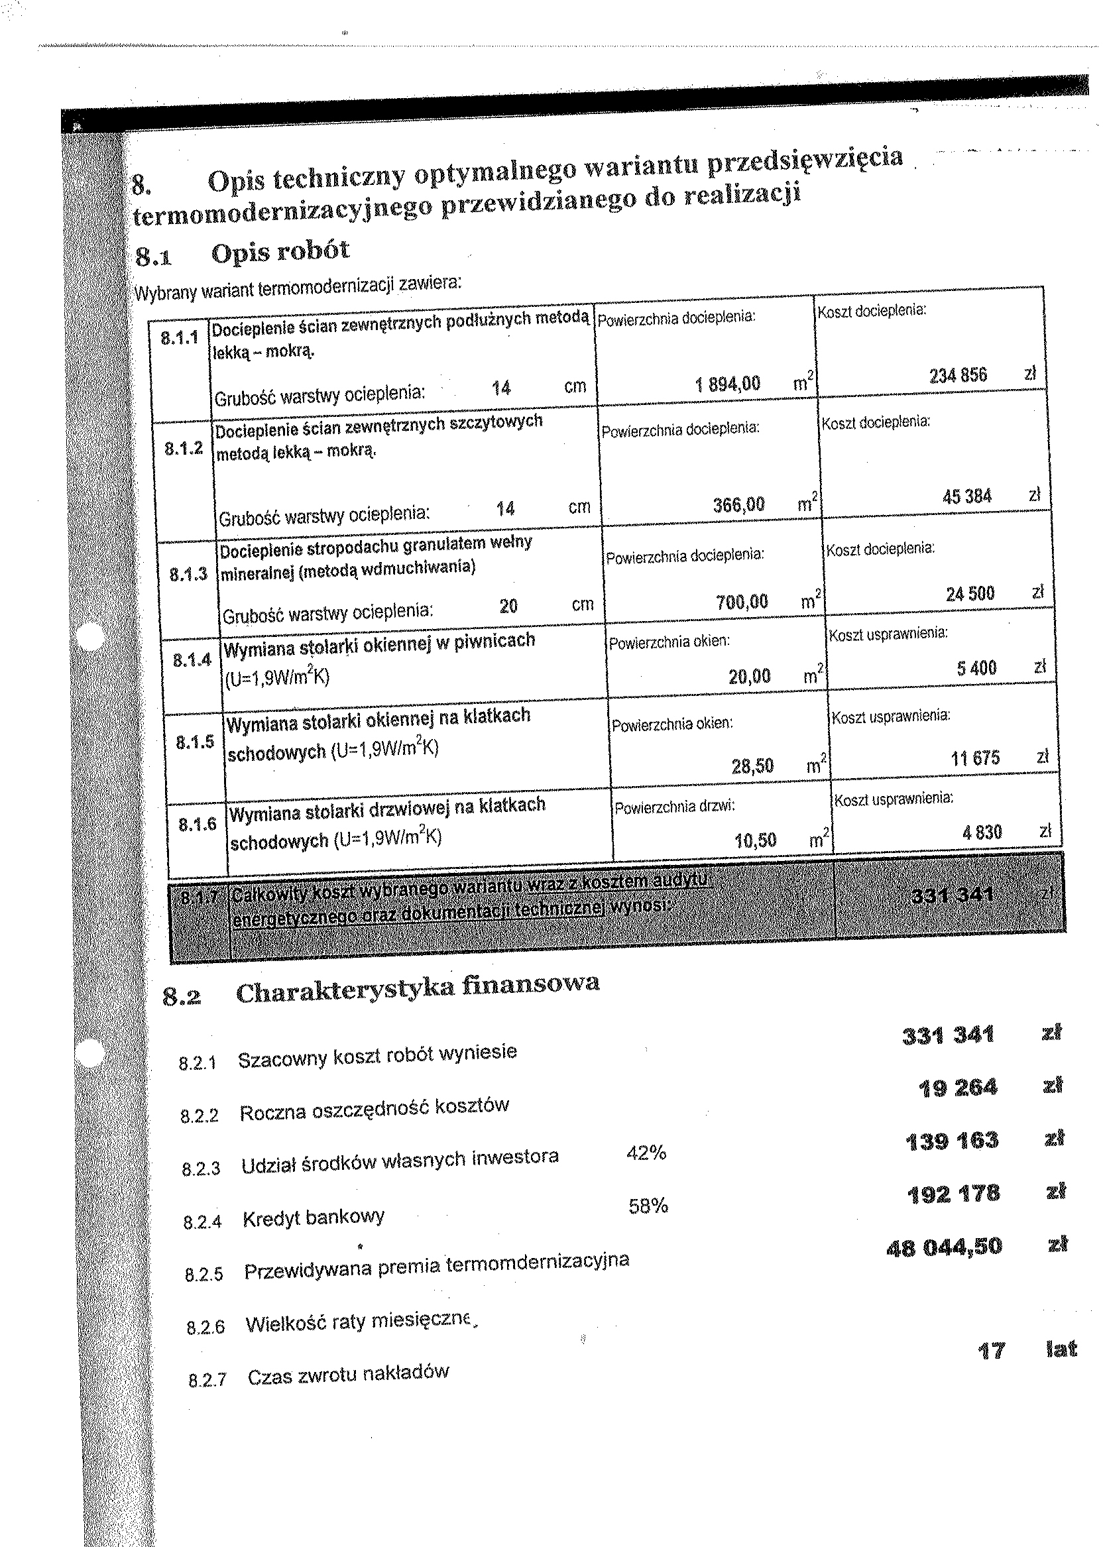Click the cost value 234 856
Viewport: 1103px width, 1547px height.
pyautogui.click(x=958, y=375)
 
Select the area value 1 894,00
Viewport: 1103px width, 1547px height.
pyautogui.click(x=727, y=384)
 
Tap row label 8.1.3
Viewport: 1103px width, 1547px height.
pyautogui.click(x=188, y=575)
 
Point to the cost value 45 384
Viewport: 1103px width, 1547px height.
pyautogui.click(x=966, y=496)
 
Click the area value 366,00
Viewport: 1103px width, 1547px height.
pyautogui.click(x=738, y=504)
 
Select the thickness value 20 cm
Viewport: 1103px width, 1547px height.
pyautogui.click(x=508, y=606)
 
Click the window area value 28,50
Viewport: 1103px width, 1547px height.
pyautogui.click(x=752, y=766)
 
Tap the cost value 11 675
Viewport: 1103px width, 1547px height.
pyautogui.click(x=975, y=758)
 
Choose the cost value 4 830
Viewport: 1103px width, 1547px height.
pyautogui.click(x=982, y=832)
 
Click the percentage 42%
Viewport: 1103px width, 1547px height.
pyautogui.click(x=646, y=1153)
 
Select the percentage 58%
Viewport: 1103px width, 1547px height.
pyautogui.click(x=649, y=1206)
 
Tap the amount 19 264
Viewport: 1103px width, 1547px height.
pyautogui.click(x=958, y=1088)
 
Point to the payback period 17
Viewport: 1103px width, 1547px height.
pyautogui.click(x=991, y=1351)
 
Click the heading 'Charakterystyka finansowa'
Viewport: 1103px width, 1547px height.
pyautogui.click(x=417, y=988)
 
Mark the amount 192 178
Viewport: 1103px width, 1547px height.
pyautogui.click(x=954, y=1194)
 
